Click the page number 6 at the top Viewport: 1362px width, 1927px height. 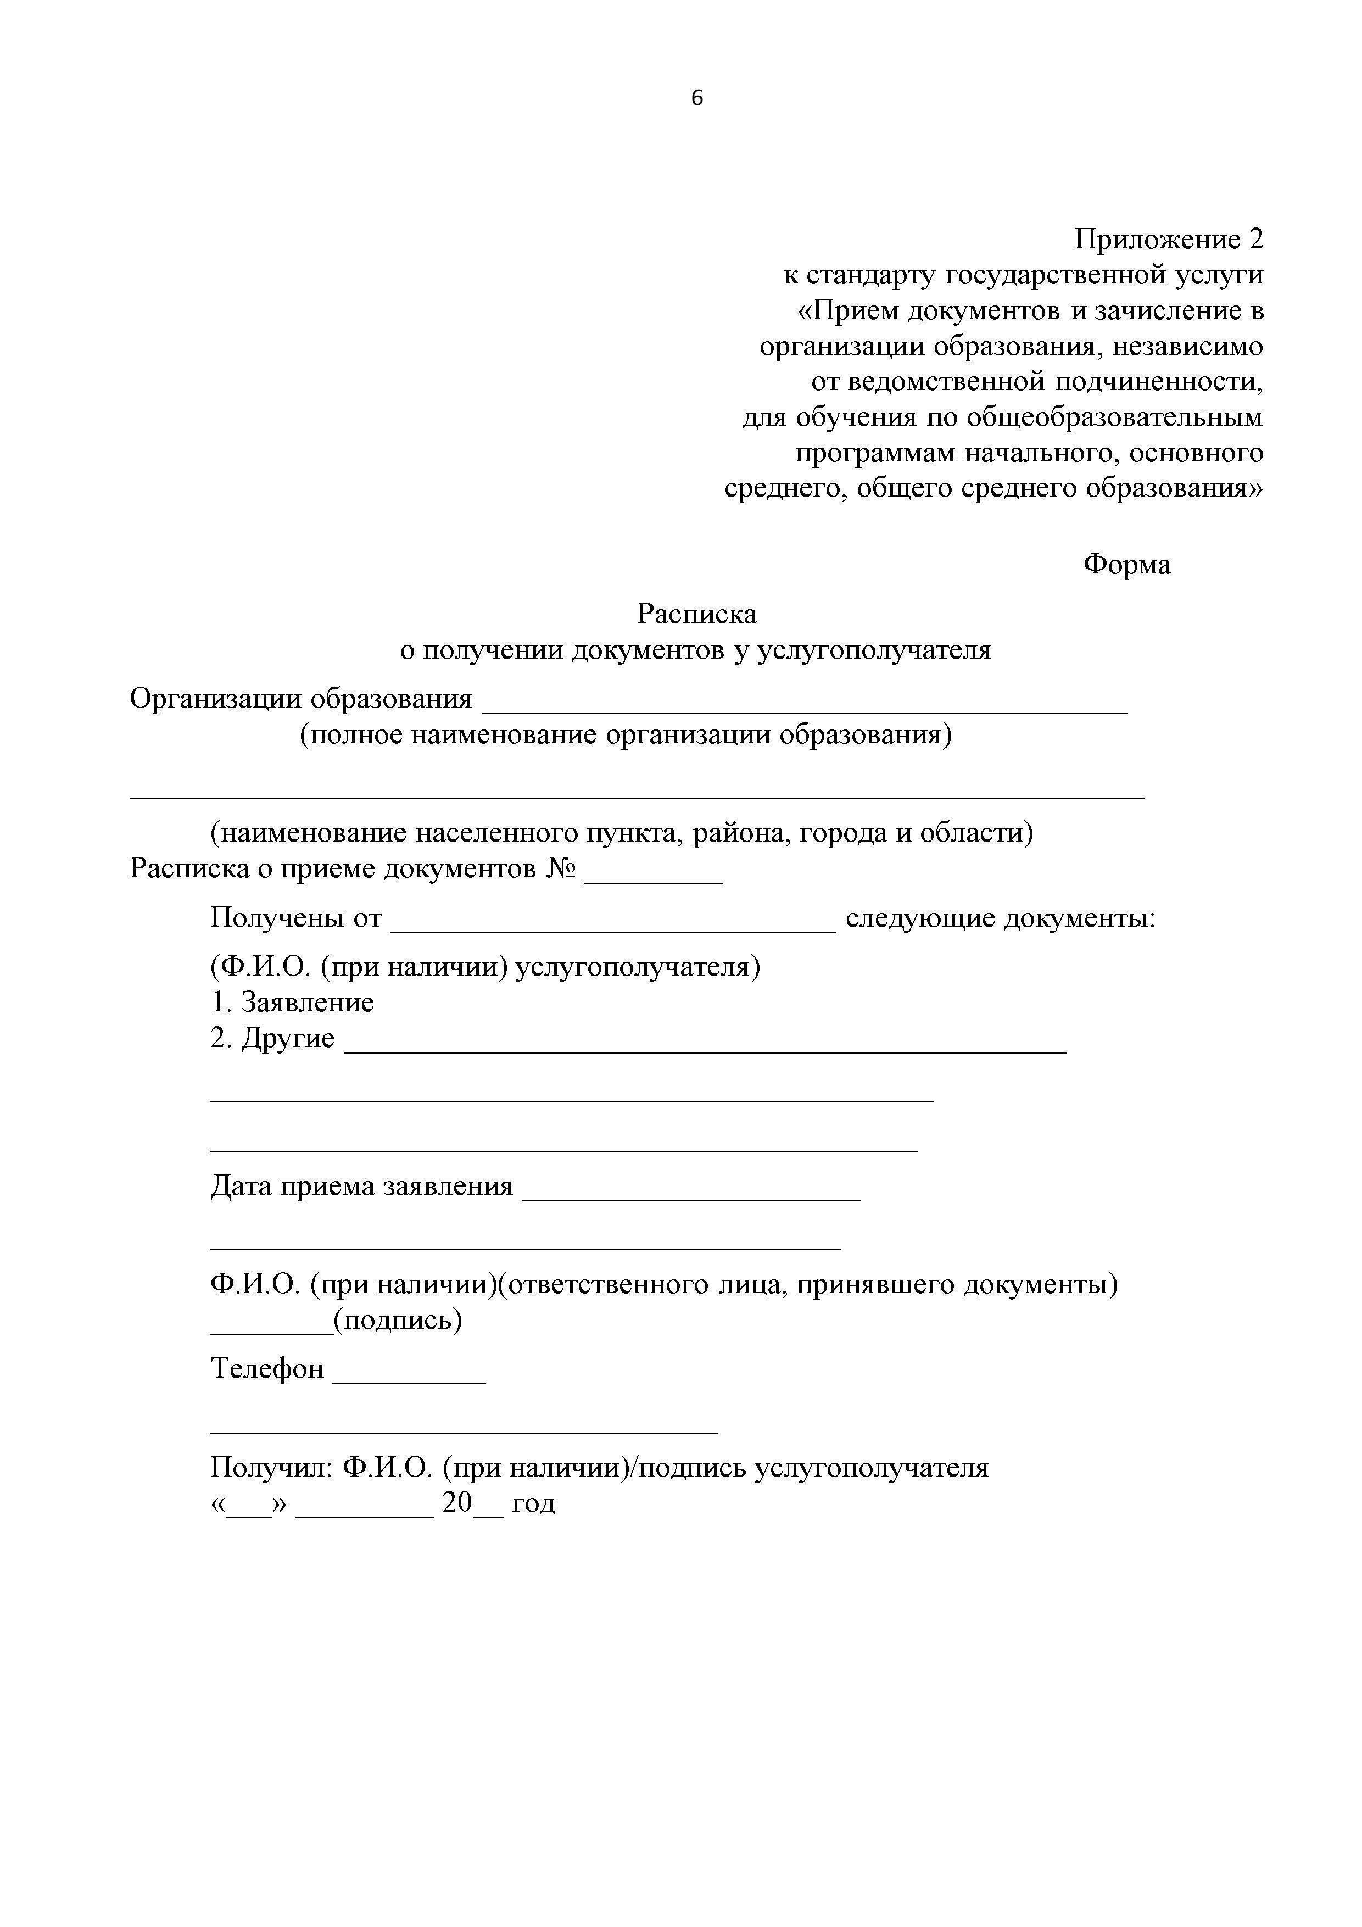(696, 99)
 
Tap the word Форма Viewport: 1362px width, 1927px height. (1126, 565)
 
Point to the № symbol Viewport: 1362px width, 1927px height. (561, 868)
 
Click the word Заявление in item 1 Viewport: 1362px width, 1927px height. (307, 1003)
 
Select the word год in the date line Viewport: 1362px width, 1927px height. (534, 1503)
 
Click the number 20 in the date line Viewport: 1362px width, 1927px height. (457, 1503)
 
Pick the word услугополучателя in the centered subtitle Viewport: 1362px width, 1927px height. (874, 650)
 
